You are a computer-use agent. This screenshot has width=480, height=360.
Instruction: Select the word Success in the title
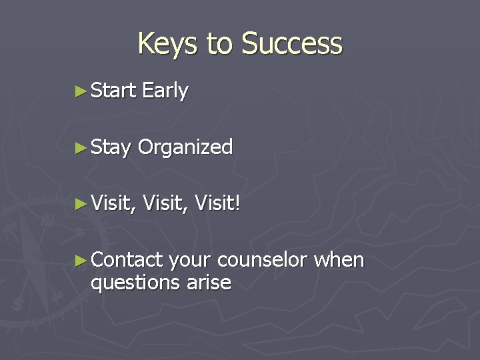point(292,44)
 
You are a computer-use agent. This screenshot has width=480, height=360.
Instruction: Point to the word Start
point(113,90)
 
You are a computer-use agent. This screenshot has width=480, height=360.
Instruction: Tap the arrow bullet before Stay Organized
point(81,147)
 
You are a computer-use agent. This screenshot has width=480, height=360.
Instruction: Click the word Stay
point(111,148)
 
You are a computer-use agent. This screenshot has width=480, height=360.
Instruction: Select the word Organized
point(185,147)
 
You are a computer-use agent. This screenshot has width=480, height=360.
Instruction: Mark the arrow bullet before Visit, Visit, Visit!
point(81,203)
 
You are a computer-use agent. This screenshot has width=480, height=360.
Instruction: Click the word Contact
point(127,259)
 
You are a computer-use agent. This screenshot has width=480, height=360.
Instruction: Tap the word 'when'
point(340,259)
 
